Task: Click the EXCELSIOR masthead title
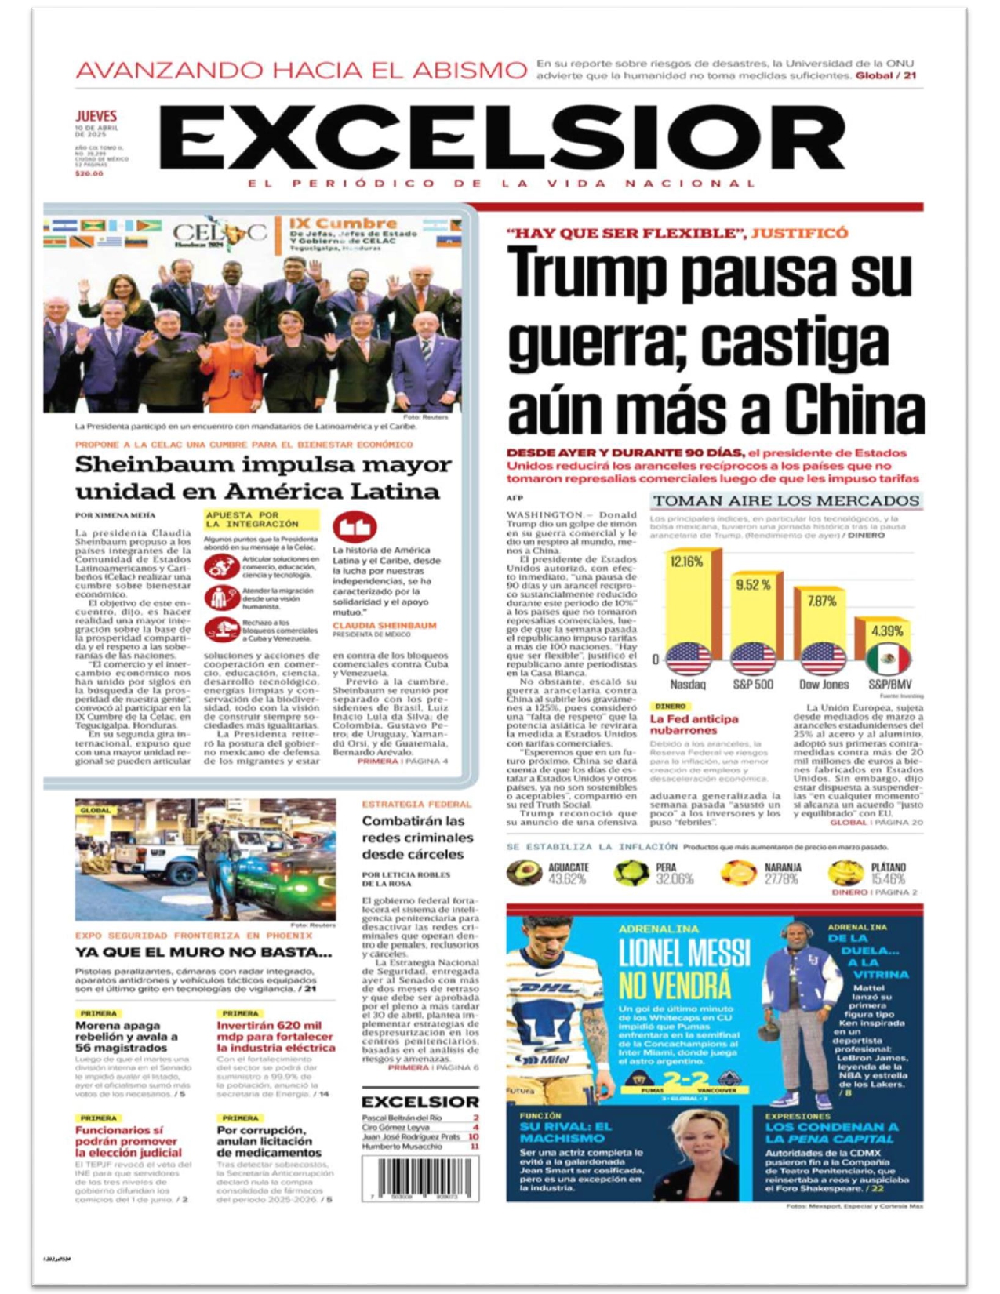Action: tap(502, 140)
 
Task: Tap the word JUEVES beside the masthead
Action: tap(96, 116)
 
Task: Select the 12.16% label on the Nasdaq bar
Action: tap(686, 562)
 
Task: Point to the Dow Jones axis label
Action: tap(824, 685)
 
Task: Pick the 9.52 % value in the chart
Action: tap(753, 585)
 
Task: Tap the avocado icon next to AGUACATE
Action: tap(524, 872)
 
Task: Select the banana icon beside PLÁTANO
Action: tap(845, 872)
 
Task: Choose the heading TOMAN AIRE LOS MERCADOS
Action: tap(786, 501)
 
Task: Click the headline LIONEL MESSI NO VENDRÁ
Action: tap(685, 969)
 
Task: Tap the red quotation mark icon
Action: tap(355, 526)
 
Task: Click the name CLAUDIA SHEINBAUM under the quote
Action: tap(384, 626)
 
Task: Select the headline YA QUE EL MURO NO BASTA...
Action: tap(203, 952)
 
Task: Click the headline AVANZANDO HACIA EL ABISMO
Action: tap(301, 71)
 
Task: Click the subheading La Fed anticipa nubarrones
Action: tap(694, 725)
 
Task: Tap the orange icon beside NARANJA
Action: tap(737, 872)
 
